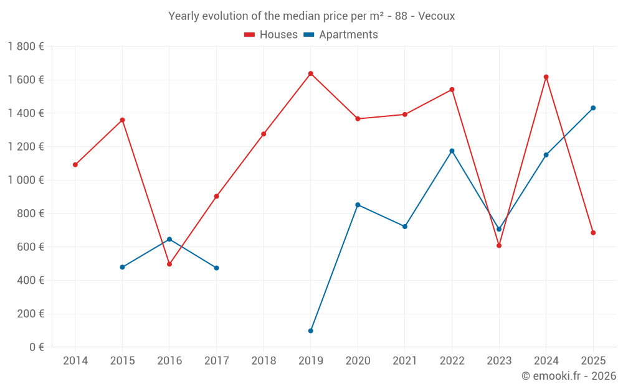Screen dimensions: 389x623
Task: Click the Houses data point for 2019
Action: click(x=310, y=73)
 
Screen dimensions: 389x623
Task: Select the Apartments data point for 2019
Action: click(x=310, y=330)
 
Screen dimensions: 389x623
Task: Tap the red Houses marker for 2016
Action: click(x=169, y=264)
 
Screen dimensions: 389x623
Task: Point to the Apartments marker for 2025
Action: click(x=593, y=108)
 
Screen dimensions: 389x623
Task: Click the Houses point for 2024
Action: click(x=546, y=77)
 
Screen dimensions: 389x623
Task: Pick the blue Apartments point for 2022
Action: click(x=452, y=151)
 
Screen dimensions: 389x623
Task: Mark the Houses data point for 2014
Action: click(x=75, y=165)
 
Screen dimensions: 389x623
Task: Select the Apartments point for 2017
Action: click(x=216, y=268)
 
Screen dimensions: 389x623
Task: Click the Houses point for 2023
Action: click(x=499, y=245)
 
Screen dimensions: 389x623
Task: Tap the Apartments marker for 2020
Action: click(x=358, y=205)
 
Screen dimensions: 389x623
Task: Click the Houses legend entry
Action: click(x=271, y=35)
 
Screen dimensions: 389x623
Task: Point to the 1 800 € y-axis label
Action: click(x=26, y=47)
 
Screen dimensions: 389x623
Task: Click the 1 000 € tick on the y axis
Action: click(x=26, y=180)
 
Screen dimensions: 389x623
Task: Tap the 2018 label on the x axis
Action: click(x=264, y=361)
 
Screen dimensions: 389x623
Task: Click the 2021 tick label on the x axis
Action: click(x=405, y=361)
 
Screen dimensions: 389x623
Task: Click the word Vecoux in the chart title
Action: click(x=436, y=16)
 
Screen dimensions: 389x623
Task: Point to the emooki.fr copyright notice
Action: click(x=569, y=376)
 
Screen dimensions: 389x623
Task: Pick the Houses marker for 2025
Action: click(x=593, y=233)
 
